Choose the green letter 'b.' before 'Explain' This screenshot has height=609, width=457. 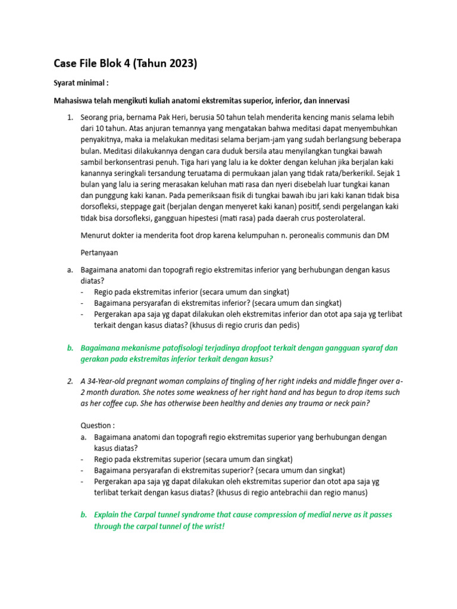point(84,515)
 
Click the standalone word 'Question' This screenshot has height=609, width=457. point(95,426)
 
